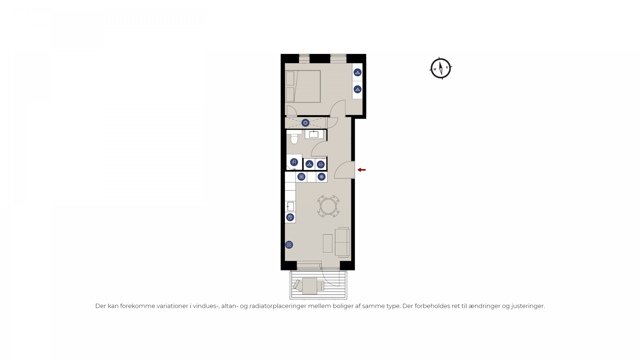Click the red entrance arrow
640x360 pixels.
point(362,170)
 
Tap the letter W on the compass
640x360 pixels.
point(435,69)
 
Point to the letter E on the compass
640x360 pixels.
point(447,67)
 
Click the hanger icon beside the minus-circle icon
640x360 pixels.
point(309,164)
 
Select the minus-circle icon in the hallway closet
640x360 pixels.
point(321,164)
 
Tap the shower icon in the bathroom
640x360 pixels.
point(294,162)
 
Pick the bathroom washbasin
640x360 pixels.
point(314,134)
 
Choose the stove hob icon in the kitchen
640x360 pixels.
point(301,177)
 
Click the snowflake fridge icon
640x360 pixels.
point(322,177)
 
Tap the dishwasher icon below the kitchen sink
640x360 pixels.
point(290,218)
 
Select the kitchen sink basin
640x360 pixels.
point(291,206)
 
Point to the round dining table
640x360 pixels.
point(328,206)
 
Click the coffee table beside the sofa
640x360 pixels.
point(328,244)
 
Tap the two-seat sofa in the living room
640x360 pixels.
point(342,242)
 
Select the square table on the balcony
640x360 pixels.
point(310,286)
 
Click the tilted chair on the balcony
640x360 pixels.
point(298,285)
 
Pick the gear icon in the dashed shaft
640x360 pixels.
point(305,123)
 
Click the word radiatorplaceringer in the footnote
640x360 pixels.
point(278,306)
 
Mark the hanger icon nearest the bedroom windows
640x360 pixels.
point(357,73)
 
